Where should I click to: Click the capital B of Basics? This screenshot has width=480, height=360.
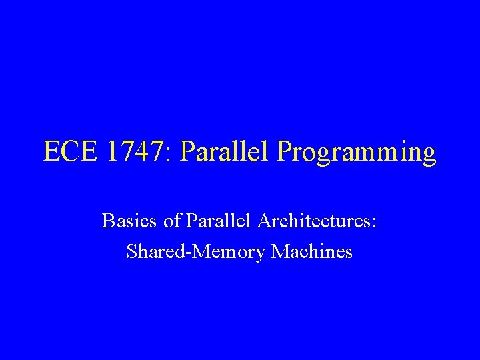(x=107, y=221)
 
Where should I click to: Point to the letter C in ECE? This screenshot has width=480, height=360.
(x=71, y=152)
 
